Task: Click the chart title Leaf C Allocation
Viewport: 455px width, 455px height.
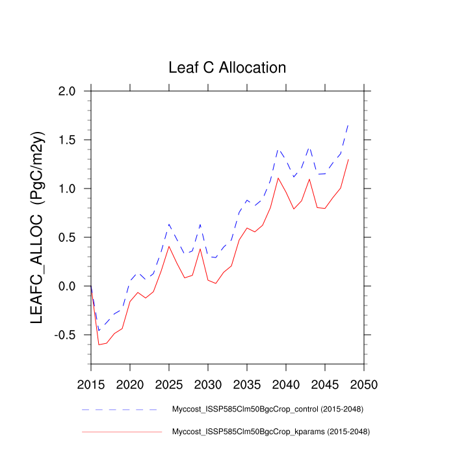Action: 227,68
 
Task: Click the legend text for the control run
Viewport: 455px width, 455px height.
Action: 267,409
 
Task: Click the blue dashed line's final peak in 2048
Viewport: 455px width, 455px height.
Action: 348,124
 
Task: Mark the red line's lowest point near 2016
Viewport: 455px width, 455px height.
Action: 99,344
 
